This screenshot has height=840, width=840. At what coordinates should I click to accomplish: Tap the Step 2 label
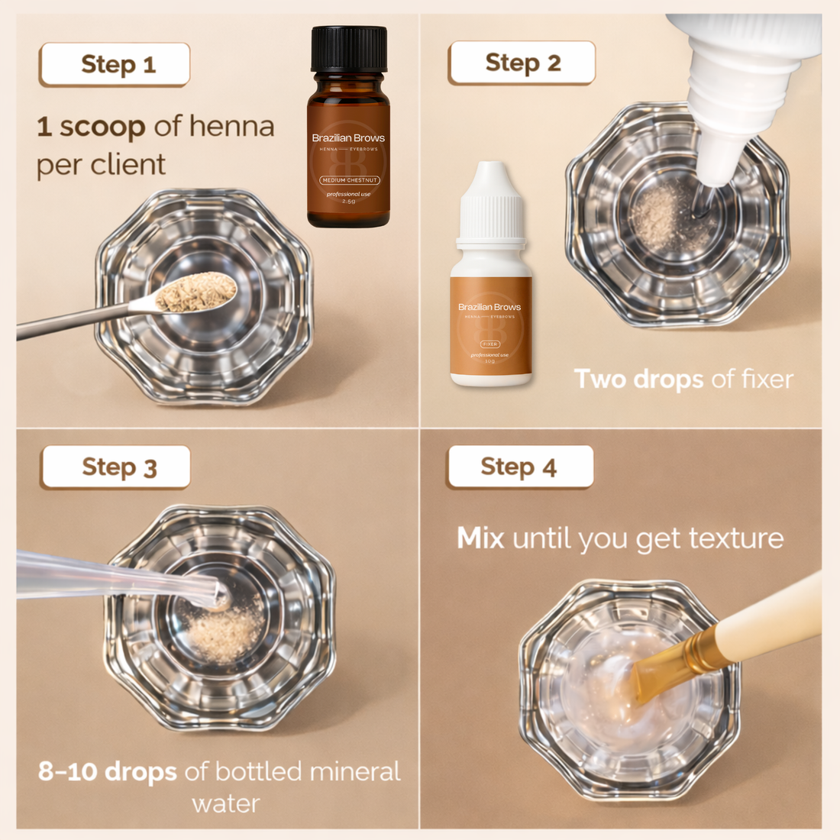522,63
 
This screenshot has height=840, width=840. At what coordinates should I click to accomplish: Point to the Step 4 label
520,467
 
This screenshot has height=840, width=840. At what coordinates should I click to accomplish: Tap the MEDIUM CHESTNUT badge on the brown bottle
349,180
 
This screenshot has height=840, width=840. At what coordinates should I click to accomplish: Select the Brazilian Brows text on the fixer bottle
489,307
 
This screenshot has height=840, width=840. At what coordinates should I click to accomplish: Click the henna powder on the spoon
197,292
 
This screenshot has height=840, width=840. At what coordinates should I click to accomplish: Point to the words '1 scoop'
91,127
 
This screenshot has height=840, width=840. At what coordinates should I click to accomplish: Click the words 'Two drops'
638,380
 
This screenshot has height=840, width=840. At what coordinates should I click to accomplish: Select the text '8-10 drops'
107,771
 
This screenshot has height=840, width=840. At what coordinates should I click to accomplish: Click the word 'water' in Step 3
226,803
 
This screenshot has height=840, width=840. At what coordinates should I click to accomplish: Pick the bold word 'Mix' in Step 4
480,538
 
